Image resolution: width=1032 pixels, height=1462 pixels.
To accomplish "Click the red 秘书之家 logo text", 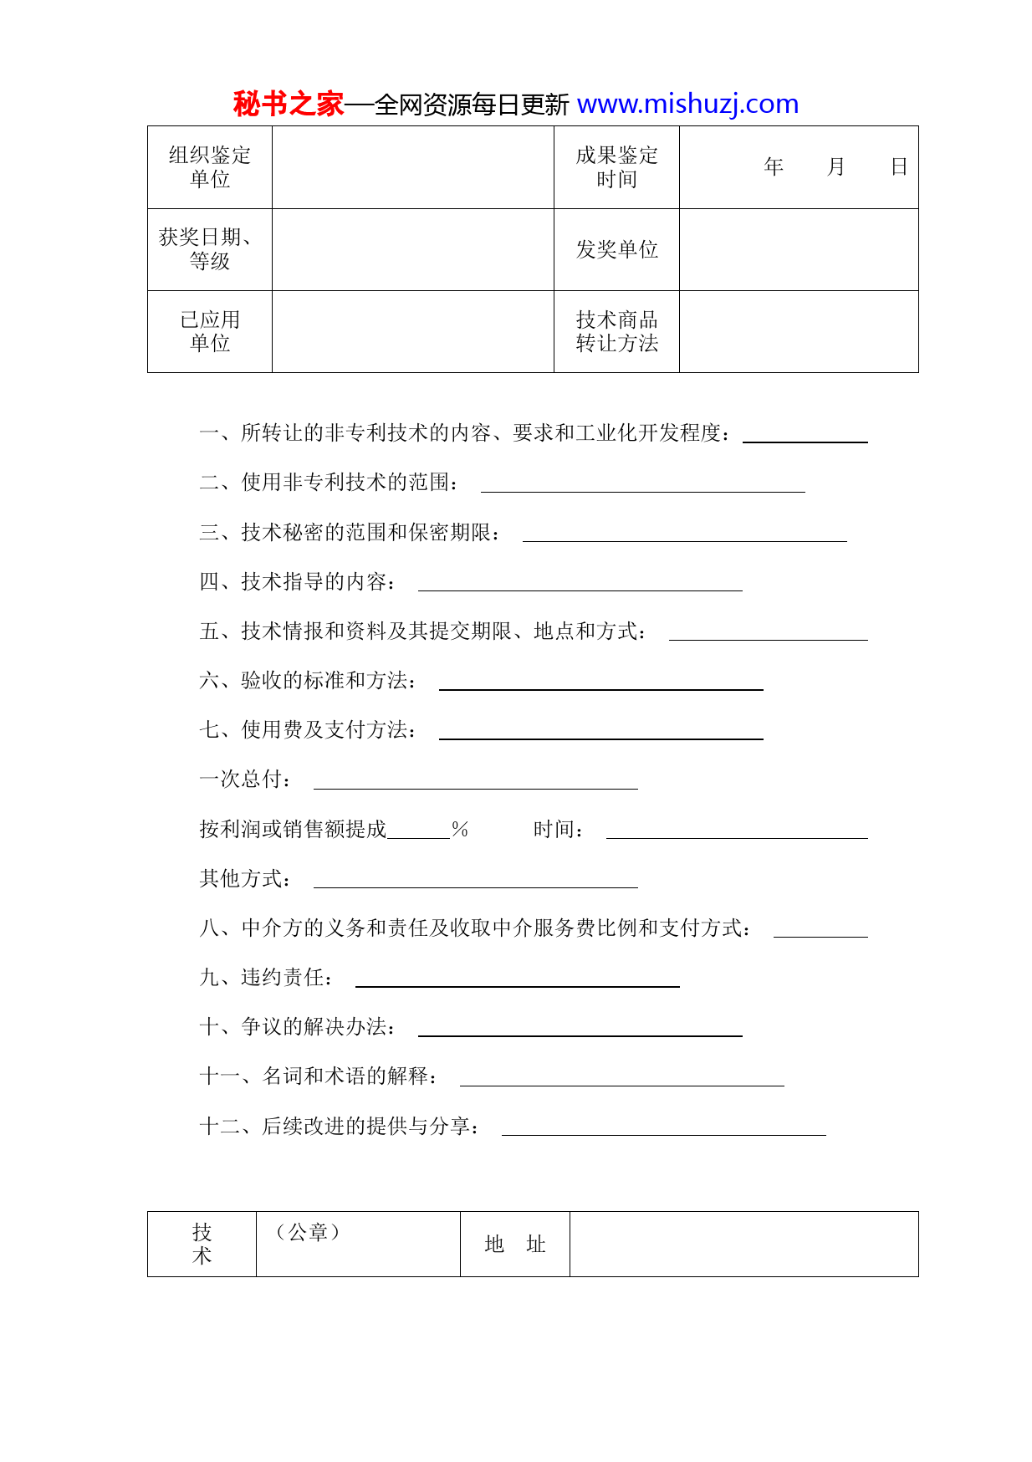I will tap(288, 105).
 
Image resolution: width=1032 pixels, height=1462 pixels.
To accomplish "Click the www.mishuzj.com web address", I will tap(687, 105).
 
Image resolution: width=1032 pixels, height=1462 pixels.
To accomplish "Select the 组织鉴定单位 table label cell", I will tap(210, 167).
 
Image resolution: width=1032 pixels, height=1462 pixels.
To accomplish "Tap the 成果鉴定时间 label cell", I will tap(616, 167).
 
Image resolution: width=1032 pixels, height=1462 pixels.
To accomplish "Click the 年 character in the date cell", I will tap(774, 167).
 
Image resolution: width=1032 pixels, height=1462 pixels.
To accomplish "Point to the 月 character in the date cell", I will tap(835, 167).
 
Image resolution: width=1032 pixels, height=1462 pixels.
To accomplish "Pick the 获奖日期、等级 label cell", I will tap(210, 249).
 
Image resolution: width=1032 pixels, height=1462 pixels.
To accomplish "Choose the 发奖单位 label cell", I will tap(616, 249).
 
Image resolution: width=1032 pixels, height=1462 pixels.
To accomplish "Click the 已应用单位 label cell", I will tap(210, 331).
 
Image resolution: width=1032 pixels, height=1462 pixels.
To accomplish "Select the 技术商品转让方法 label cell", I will tap(616, 331).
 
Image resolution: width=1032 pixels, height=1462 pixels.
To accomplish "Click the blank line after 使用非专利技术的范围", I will tap(642, 487).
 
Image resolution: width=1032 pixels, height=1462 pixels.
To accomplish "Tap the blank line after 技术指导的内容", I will tap(580, 585).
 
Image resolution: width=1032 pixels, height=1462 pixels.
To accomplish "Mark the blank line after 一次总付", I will tap(475, 784).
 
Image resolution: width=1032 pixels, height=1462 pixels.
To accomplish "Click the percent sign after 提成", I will tap(460, 830).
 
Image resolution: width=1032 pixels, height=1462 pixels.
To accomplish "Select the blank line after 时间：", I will tap(736, 833).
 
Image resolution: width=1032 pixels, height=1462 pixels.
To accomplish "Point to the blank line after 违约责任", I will tap(517, 982).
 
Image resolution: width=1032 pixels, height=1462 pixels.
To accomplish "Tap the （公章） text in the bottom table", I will tap(307, 1232).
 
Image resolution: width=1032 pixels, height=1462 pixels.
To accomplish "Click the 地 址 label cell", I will tap(514, 1245).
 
